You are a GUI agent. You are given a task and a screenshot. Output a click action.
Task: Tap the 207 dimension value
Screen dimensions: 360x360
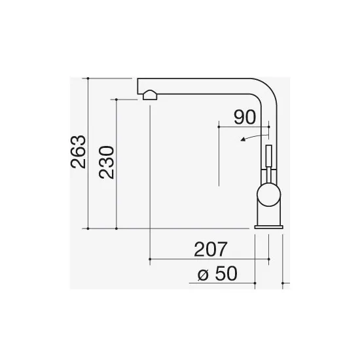click(210, 249)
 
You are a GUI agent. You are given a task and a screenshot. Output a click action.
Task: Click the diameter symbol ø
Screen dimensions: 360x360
click(202, 274)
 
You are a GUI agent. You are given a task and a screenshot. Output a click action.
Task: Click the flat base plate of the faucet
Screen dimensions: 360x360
click(268, 226)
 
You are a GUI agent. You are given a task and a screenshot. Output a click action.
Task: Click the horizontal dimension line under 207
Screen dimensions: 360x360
click(209, 260)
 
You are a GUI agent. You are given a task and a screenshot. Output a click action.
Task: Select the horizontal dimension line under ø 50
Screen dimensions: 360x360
click(223, 284)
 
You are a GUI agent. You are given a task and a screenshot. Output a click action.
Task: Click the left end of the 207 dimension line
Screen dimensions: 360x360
click(151, 260)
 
